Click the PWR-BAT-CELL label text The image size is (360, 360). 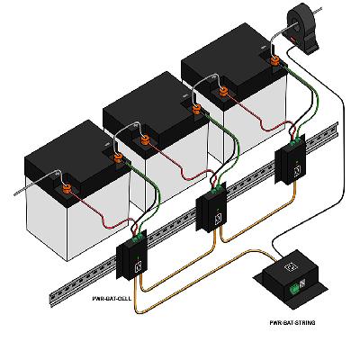(112, 299)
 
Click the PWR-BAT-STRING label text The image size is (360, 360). (292, 323)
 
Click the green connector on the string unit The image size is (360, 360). (293, 289)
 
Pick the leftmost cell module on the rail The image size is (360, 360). (131, 256)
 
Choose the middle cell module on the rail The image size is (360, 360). (211, 207)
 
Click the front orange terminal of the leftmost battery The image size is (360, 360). (67, 189)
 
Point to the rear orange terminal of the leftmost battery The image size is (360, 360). (119, 157)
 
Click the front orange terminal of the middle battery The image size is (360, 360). (145, 140)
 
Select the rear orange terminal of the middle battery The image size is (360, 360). (196, 109)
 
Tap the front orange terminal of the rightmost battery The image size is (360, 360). (223, 91)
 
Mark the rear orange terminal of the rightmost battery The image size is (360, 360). (274, 61)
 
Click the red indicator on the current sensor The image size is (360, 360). (292, 38)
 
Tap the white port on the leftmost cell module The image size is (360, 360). (139, 266)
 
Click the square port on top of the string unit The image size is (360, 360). (291, 266)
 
